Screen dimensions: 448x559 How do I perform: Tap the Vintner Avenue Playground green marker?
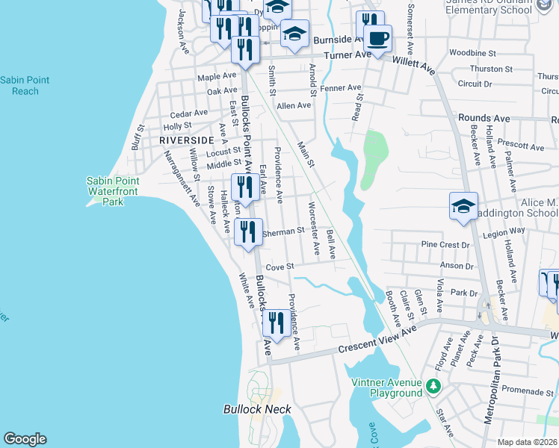point(433,387)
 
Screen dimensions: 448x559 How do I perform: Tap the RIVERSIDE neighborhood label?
point(186,140)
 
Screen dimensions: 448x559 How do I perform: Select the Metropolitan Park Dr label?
point(491,381)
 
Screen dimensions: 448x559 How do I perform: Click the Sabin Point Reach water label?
point(25,85)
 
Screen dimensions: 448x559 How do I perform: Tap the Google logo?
point(25,438)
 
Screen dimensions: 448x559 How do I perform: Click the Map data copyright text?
point(526,442)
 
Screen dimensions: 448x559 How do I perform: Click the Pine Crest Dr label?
point(445,244)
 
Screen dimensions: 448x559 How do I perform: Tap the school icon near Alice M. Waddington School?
point(463,205)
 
